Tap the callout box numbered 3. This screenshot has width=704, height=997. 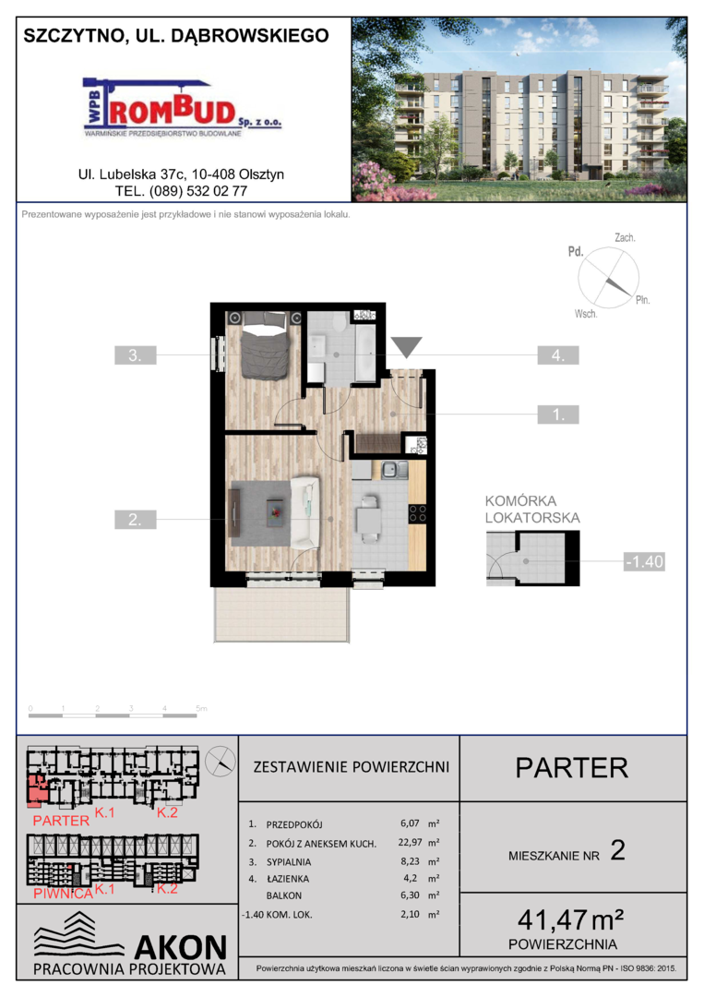pos(136,354)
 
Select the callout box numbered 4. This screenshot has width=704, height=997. pos(558,354)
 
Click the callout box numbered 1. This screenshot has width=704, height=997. pos(558,414)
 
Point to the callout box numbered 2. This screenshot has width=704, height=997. pos(136,520)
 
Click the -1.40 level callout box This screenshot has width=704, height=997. pos(644,561)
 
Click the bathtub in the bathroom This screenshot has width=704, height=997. pos(365,353)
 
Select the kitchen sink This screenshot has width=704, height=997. pos(395,470)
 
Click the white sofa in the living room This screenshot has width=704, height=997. pos(304,512)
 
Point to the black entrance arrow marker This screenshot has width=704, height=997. pos(406,347)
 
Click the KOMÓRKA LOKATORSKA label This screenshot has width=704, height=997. pos(532,510)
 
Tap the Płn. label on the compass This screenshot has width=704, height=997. pos(642,300)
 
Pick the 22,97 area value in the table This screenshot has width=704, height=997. pos(410,843)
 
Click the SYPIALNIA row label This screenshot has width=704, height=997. pos(289,862)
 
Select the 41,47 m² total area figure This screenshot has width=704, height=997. pos(570,919)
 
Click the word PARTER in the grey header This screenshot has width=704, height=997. pos(572,768)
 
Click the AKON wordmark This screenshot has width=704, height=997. pos(181,947)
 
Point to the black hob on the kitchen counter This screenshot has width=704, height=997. pos(417,513)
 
